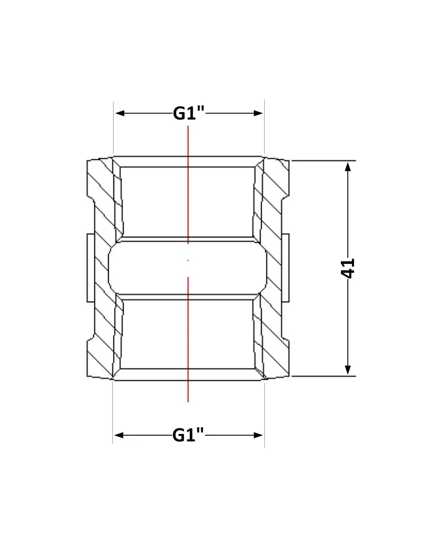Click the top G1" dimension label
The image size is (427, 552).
point(189,113)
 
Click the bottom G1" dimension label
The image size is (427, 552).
point(188,435)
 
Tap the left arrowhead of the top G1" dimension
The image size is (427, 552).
point(120,113)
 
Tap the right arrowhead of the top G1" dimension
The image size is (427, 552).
point(258,113)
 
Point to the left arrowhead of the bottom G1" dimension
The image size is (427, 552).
point(119,435)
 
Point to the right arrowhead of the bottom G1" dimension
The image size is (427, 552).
point(258,435)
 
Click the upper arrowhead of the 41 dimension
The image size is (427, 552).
point(348,167)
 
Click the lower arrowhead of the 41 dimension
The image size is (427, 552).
point(348,370)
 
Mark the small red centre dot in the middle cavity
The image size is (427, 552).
point(188,260)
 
